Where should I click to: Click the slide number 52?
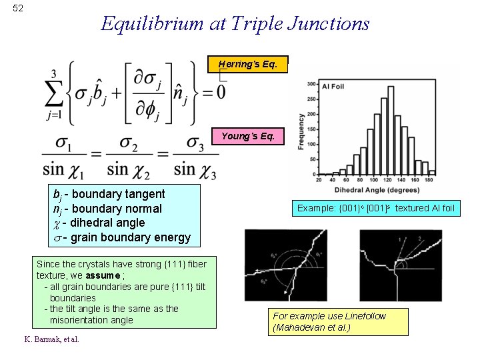[18, 8]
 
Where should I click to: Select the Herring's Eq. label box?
[253, 65]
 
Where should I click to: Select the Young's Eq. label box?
[248, 136]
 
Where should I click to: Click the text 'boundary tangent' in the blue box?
[117, 194]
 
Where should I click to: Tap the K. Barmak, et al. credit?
[52, 339]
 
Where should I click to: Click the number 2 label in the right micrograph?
[419, 239]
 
